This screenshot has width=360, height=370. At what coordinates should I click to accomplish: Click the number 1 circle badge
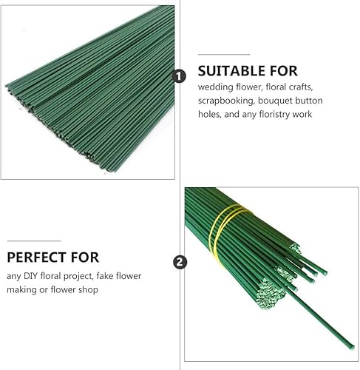pyautogui.click(x=180, y=76)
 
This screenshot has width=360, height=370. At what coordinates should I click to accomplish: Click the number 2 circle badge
pyautogui.click(x=180, y=262)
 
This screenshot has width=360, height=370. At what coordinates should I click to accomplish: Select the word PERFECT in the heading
pyautogui.click(x=37, y=258)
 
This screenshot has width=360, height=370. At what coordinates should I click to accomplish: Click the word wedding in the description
pyautogui.click(x=216, y=87)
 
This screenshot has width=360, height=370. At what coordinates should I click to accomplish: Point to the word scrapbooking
pyautogui.click(x=225, y=101)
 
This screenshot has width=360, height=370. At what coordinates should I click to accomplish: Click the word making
pyautogui.click(x=21, y=289)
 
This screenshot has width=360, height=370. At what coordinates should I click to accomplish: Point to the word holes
pyautogui.click(x=209, y=115)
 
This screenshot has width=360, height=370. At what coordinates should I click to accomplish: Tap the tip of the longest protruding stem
pyautogui.click(x=353, y=347)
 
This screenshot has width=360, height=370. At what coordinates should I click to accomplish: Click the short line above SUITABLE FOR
pyautogui.click(x=224, y=54)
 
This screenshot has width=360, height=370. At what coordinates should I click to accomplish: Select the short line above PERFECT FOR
pyautogui.click(x=34, y=240)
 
